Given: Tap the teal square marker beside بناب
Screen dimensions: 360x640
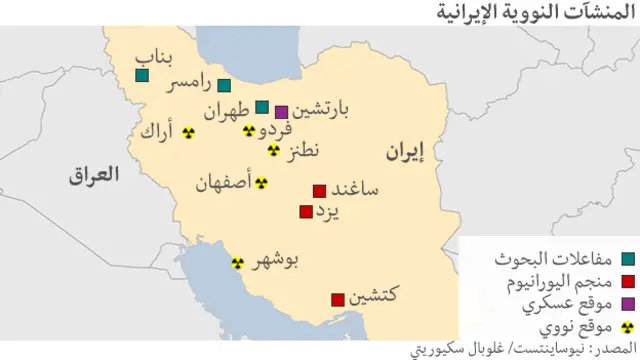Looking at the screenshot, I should coord(142,75).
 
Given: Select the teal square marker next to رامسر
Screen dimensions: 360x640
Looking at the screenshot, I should coord(224,86).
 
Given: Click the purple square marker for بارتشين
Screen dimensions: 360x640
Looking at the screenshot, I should coord(281,111).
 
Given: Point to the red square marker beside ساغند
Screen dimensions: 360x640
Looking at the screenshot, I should coord(319,190).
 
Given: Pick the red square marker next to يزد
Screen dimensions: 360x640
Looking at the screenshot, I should coord(305,211).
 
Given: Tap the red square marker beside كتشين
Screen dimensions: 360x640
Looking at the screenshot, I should coord(338,298).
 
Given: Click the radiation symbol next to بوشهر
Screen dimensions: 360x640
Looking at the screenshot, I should coord(238,263).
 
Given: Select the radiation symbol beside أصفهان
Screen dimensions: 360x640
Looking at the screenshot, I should coord(261,183).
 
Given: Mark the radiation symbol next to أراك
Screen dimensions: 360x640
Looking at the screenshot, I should coord(187,131).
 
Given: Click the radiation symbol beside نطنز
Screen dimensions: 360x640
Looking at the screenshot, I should coord(273,150).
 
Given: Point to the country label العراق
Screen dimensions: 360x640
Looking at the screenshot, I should coord(93,175).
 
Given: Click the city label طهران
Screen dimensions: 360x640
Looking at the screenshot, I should coord(227,111).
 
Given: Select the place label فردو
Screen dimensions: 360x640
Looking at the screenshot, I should coord(275,130).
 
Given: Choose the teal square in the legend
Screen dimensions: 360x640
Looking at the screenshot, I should coord(627,258).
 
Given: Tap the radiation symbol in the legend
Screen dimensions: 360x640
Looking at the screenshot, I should coord(627,326).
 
